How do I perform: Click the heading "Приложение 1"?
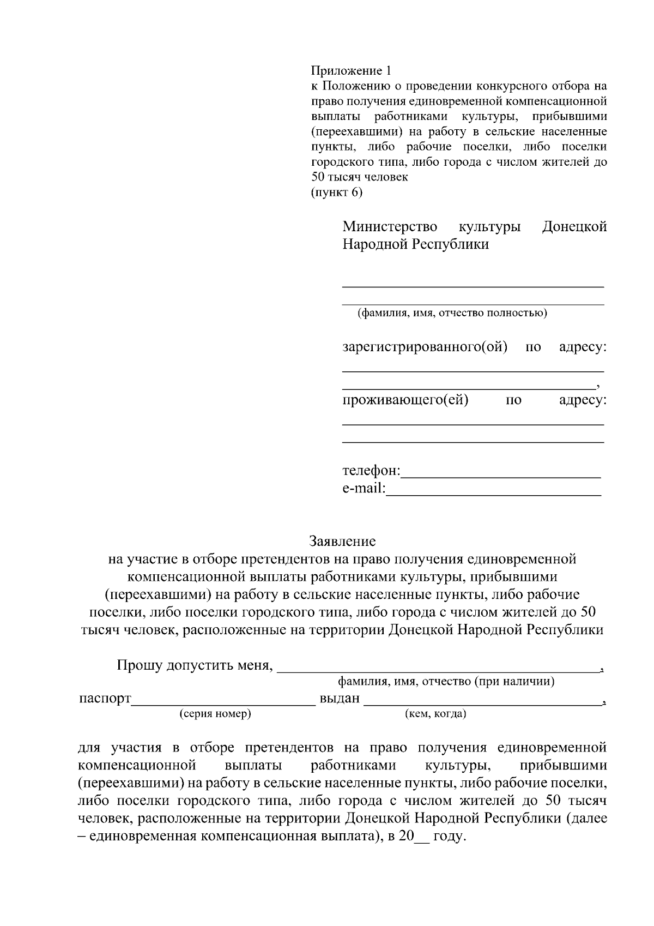351,71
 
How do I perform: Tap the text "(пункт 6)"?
336,193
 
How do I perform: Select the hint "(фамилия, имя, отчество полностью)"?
452,313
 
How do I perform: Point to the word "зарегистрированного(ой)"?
425,347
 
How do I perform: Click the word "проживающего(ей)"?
405,400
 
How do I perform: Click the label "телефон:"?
371,471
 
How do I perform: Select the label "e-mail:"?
364,488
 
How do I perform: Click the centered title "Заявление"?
342,542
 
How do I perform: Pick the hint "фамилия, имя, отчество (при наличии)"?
446,681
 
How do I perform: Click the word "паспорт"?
105,699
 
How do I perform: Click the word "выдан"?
340,699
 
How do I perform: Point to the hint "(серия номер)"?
215,714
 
